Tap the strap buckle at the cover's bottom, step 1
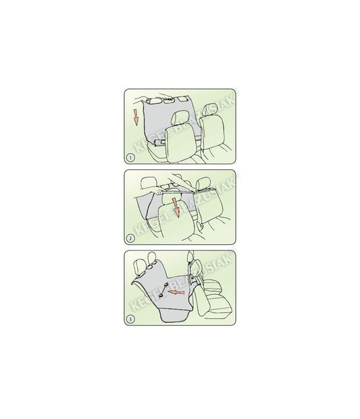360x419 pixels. pos(157,144)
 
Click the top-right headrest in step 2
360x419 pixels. pos(222,184)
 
